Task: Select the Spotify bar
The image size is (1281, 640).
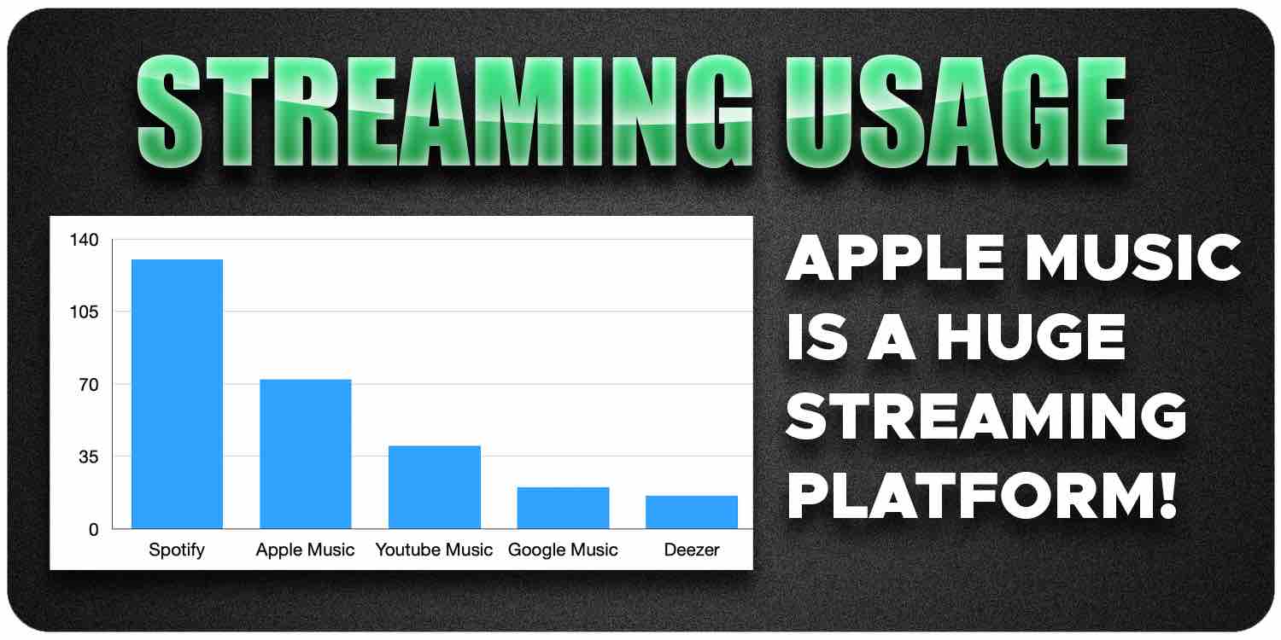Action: coord(178,393)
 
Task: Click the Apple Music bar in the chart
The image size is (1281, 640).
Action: coord(306,454)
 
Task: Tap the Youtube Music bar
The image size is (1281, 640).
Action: coord(435,487)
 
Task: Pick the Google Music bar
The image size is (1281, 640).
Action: coord(564,508)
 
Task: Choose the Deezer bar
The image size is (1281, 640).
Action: coord(692,512)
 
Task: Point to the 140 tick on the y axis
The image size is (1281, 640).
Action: coord(84,240)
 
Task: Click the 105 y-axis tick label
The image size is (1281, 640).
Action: coord(84,312)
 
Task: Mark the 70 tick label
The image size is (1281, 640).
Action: coord(89,385)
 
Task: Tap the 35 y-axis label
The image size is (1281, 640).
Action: coord(89,457)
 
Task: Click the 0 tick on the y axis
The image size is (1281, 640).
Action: coord(94,530)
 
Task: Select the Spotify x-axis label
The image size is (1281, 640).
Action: coord(177,550)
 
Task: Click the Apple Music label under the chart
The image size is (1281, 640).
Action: coord(306,550)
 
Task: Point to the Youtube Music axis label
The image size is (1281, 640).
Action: coord(434,550)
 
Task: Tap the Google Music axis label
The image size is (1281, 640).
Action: coord(564,550)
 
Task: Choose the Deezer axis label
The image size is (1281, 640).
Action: coord(692,550)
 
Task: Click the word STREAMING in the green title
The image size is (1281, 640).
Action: coord(445,112)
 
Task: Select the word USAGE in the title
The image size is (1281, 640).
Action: coord(956,112)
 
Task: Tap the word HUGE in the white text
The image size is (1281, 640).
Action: coord(1031,338)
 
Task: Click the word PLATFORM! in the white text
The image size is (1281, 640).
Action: coord(981,495)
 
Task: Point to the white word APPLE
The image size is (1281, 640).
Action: coord(896,258)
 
